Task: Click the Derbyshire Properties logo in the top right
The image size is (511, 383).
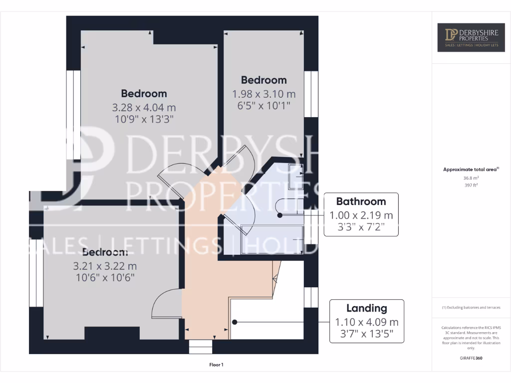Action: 471,37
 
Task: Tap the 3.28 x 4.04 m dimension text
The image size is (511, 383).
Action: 144,107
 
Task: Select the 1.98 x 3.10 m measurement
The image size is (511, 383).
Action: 263,94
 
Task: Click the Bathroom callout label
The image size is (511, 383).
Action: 361,201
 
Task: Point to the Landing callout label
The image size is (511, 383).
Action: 366,308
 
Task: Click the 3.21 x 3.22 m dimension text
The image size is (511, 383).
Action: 104,266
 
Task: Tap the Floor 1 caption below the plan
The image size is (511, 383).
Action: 216,365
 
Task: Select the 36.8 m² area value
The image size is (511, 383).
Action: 471,178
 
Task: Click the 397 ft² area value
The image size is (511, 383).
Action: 471,185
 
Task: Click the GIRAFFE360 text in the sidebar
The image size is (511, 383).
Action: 471,358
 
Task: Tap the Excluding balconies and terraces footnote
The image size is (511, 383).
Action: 471,308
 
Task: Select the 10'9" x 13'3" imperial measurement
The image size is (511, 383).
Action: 144,119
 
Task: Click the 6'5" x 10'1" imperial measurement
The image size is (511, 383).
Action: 263,105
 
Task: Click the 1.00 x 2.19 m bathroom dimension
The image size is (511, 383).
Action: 361,215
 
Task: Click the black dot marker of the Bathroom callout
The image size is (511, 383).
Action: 280,215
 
